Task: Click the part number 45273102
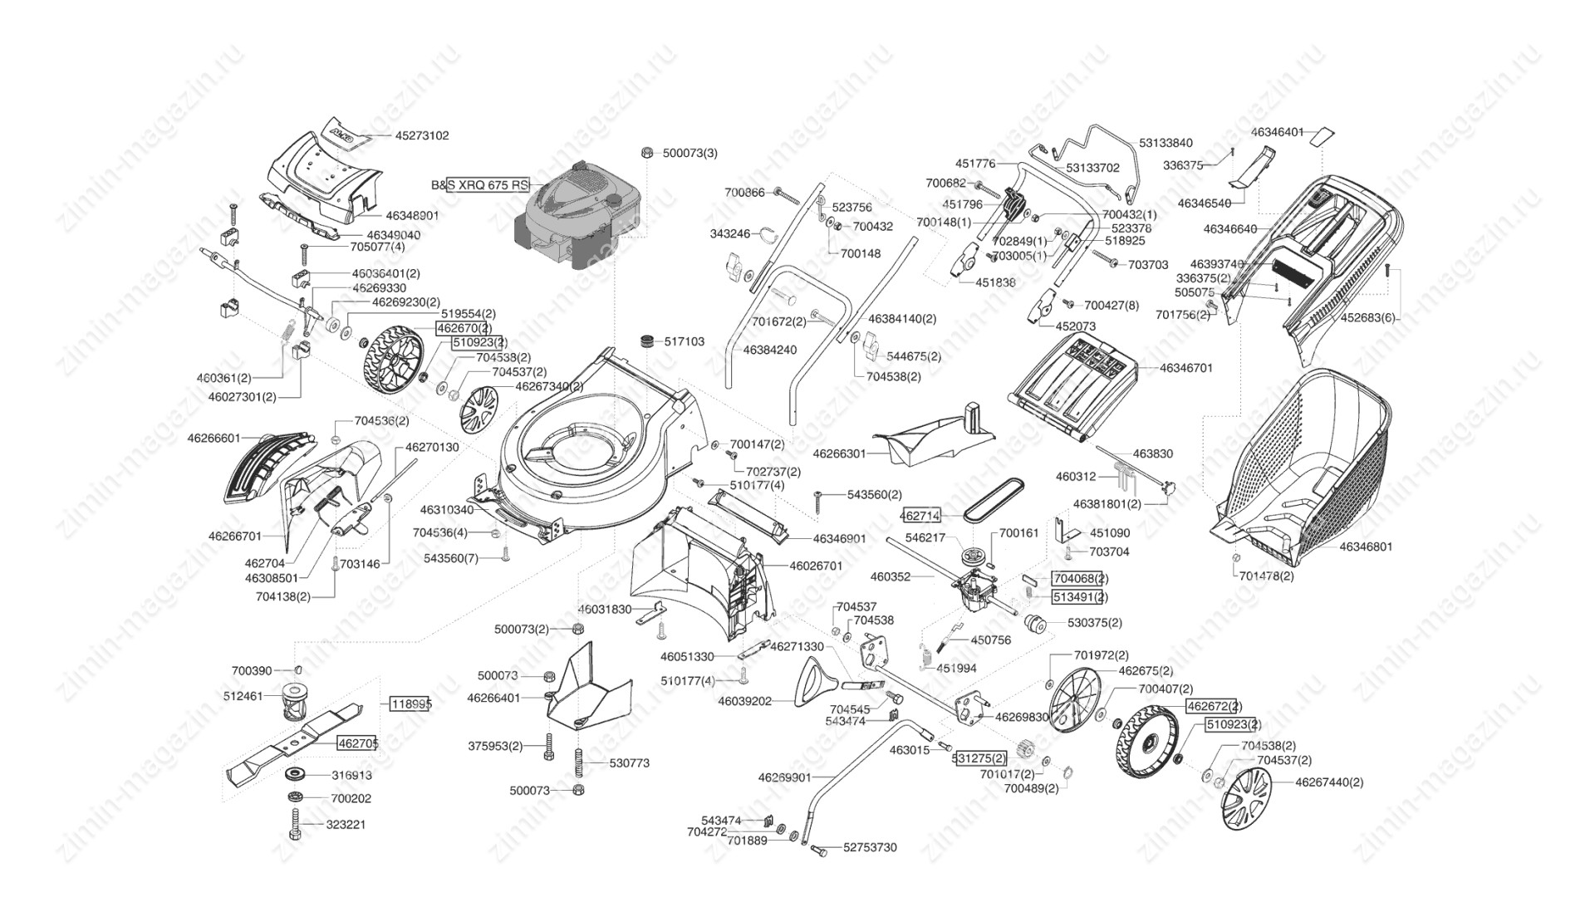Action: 421,135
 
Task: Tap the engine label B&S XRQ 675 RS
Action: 479,185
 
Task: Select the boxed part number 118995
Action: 410,703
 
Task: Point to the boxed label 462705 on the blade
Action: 357,743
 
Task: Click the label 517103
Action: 684,341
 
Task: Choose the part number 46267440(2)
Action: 1329,782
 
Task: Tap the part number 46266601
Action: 213,438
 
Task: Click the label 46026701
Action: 815,566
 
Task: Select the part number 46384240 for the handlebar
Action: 769,350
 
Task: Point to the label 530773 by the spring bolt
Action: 629,762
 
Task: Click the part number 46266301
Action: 839,453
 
